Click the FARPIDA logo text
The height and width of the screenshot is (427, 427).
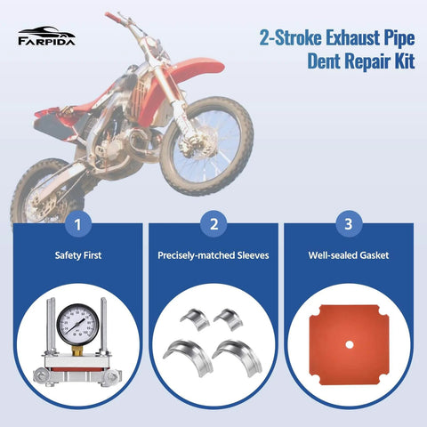tap(46, 40)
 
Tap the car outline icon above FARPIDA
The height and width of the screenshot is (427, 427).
tap(46, 30)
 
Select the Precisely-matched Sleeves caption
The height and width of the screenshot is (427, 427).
tap(213, 255)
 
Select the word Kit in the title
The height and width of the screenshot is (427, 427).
tap(399, 62)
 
